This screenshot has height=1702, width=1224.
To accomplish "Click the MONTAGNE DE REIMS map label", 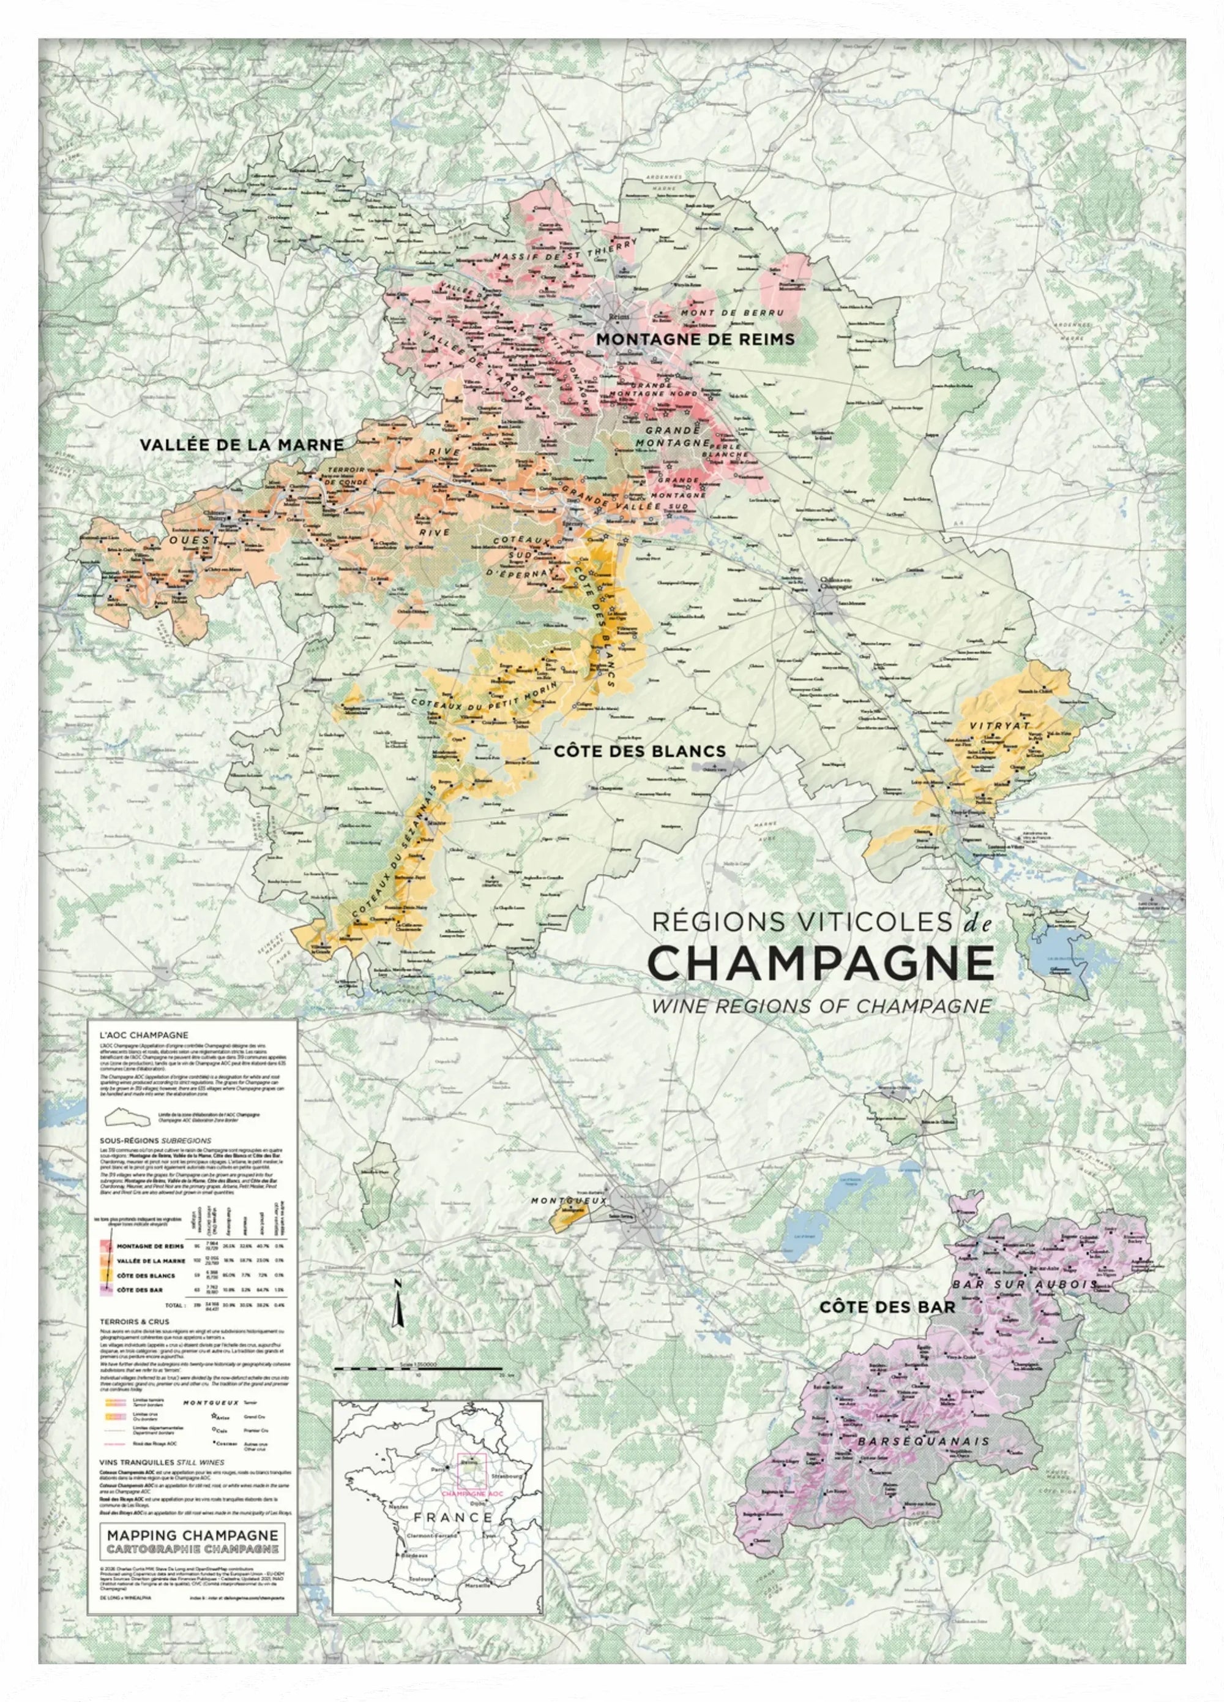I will coord(695,339).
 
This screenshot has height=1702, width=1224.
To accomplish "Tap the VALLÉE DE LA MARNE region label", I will coord(242,445).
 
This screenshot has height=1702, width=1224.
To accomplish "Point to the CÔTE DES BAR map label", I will coord(887,1307).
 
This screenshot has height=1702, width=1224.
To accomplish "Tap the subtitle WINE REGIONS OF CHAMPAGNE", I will coord(821,1006).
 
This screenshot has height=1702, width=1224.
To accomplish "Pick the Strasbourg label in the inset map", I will coord(502,1456).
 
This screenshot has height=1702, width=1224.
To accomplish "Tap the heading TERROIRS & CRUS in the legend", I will coord(134,1322).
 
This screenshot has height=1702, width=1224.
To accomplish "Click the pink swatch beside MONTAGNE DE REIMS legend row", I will coord(106,1246).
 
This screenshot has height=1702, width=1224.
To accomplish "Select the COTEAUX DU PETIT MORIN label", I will coord(485,696).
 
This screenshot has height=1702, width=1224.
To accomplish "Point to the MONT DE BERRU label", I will coord(731,312).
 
